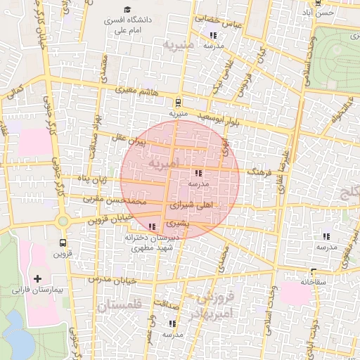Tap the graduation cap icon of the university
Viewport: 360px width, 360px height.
tap(127, 10)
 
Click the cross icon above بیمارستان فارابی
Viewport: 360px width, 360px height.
tap(37, 279)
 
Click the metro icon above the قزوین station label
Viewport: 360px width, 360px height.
tap(62, 243)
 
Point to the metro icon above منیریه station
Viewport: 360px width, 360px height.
tap(178, 102)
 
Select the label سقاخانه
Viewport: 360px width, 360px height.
tap(314, 282)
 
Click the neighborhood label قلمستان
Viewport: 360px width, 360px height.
tap(120, 305)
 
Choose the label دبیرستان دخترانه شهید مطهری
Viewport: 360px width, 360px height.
tap(153, 243)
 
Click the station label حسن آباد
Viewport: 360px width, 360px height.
tap(324, 13)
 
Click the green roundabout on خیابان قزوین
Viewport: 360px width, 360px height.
tap(63, 221)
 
